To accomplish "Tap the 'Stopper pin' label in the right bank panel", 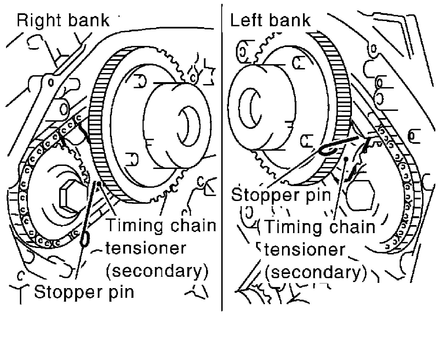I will pos(84,292).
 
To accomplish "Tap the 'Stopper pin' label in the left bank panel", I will pos(281,194).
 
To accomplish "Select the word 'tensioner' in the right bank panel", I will pos(146,248).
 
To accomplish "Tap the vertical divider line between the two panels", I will pos(222,166).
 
